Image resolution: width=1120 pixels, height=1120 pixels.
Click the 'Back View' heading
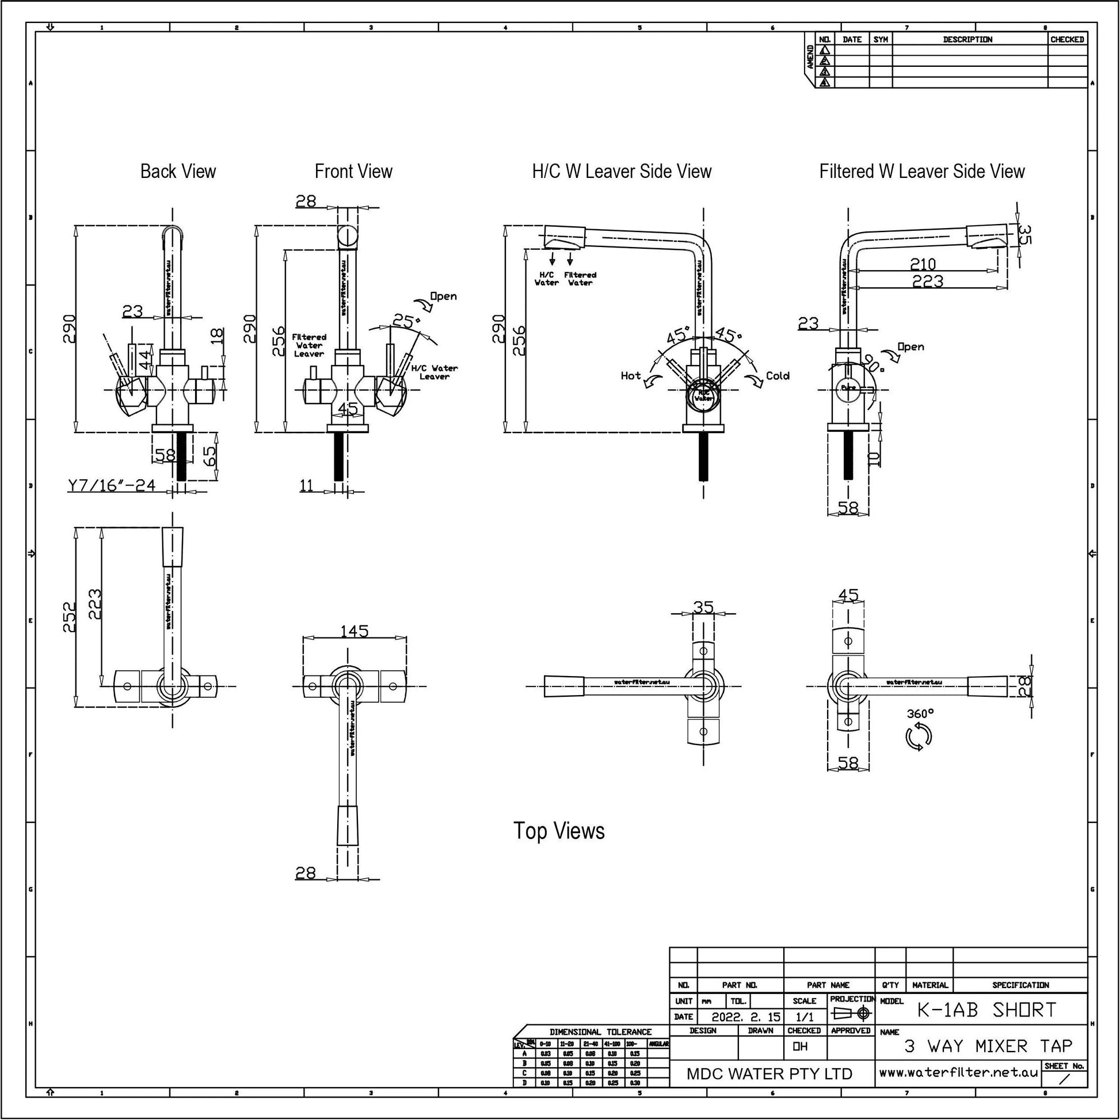(x=178, y=171)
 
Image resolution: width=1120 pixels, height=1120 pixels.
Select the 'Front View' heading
(x=353, y=171)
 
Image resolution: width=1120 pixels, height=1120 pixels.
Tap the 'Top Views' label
(x=559, y=830)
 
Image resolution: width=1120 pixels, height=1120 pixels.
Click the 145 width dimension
(x=354, y=631)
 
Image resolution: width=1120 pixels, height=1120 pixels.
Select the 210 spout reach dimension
(x=923, y=264)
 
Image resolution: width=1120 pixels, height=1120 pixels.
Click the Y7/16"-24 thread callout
(x=111, y=485)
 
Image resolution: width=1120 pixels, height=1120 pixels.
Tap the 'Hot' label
(x=630, y=375)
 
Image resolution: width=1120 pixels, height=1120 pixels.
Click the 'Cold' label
(x=778, y=375)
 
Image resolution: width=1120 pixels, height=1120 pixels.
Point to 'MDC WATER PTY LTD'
(x=769, y=1073)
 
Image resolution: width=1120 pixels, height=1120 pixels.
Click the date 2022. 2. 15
(x=745, y=1017)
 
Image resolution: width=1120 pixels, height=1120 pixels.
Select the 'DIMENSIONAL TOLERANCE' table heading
(x=601, y=1032)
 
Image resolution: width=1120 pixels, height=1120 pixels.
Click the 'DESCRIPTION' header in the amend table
(x=967, y=39)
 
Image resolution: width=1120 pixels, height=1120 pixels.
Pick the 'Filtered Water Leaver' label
(x=308, y=345)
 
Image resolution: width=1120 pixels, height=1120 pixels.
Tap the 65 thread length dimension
(x=211, y=455)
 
